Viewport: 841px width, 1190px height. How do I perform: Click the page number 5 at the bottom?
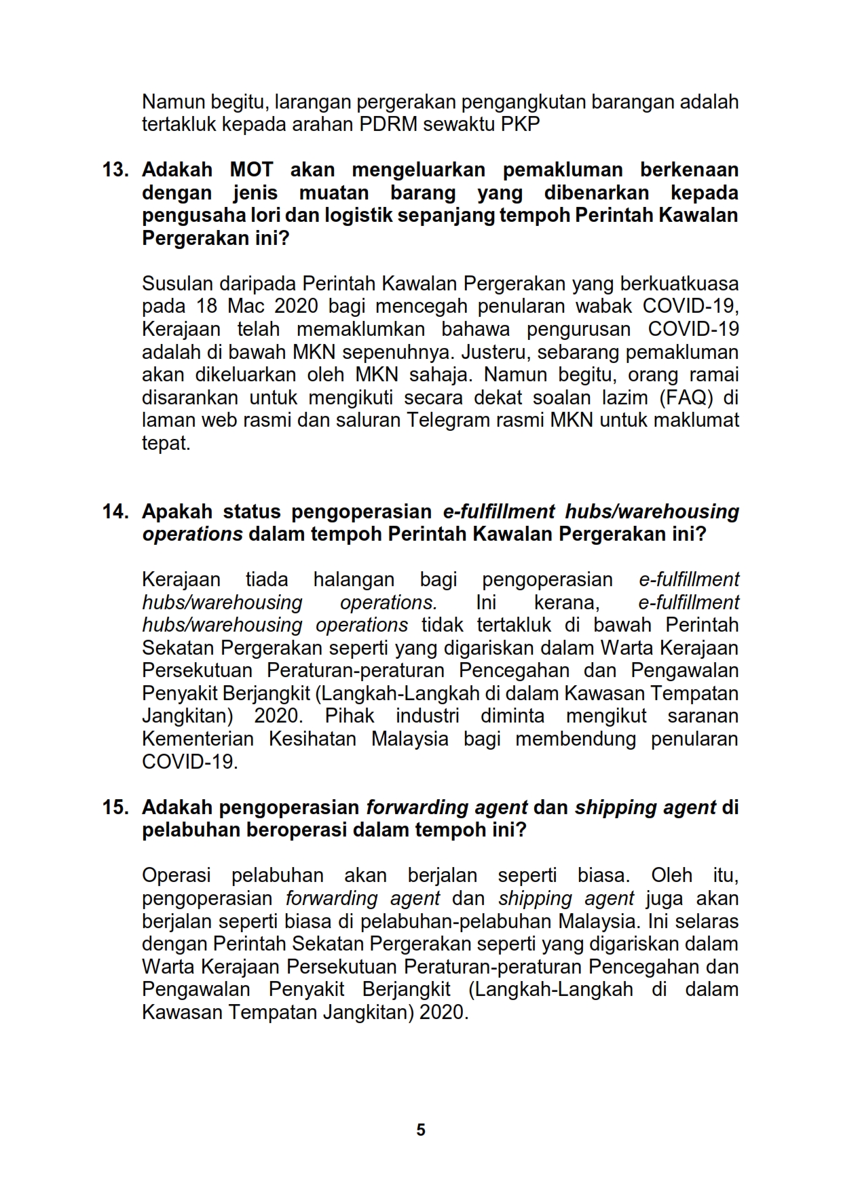(x=421, y=1130)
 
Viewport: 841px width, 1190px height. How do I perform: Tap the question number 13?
(x=115, y=170)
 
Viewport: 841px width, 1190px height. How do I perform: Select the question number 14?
(x=115, y=511)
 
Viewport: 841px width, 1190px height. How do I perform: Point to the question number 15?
(x=115, y=807)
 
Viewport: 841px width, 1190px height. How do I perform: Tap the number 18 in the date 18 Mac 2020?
(x=207, y=306)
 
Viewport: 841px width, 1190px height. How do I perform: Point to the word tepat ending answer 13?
(x=166, y=443)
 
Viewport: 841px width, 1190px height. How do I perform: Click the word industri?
(x=427, y=716)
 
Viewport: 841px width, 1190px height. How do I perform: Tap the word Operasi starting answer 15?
(x=176, y=875)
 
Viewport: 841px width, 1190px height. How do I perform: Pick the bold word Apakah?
(x=177, y=511)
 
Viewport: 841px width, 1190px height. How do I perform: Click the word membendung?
(x=576, y=739)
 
